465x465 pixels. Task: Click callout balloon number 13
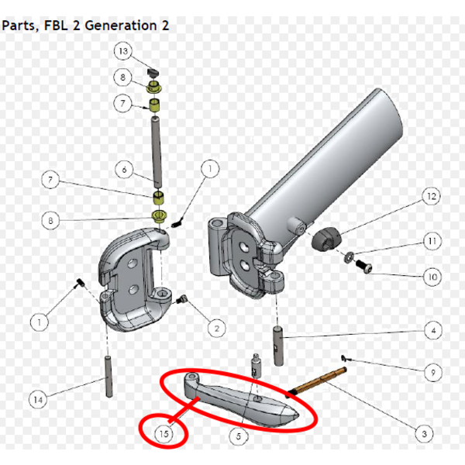point(122,51)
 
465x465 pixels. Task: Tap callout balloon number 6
point(124,169)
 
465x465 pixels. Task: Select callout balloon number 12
point(431,196)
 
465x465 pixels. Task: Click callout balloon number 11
point(432,241)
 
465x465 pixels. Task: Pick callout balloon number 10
point(432,277)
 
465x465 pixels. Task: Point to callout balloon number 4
point(433,330)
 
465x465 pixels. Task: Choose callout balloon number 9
point(433,372)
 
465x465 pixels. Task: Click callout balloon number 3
point(424,434)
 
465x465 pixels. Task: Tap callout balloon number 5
point(239,436)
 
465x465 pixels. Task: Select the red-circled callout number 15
point(164,434)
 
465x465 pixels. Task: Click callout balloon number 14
point(38,399)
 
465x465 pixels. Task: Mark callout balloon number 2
point(217,329)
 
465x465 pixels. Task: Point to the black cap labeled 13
point(153,72)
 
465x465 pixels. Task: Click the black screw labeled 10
point(363,266)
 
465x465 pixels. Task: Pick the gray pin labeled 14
point(108,377)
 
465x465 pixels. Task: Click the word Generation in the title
point(121,26)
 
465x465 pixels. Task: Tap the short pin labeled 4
point(278,346)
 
